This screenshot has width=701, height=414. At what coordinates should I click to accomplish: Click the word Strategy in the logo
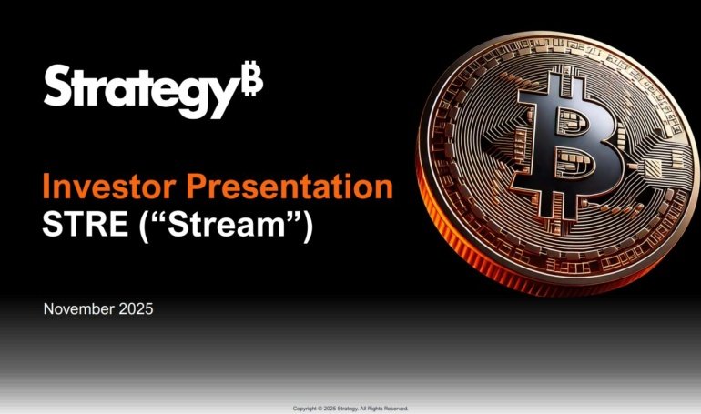[x=141, y=87]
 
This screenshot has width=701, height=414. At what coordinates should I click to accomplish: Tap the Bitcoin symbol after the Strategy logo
[x=252, y=82]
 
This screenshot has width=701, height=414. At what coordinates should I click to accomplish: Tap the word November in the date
[x=78, y=309]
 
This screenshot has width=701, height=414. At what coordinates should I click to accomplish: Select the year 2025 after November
[x=136, y=309]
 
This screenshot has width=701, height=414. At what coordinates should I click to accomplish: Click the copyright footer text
[x=350, y=409]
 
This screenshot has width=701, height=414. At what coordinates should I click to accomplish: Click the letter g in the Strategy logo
[x=197, y=93]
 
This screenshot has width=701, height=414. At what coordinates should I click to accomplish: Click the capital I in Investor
[x=46, y=187]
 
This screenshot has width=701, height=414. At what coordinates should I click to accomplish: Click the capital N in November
[x=49, y=309]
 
